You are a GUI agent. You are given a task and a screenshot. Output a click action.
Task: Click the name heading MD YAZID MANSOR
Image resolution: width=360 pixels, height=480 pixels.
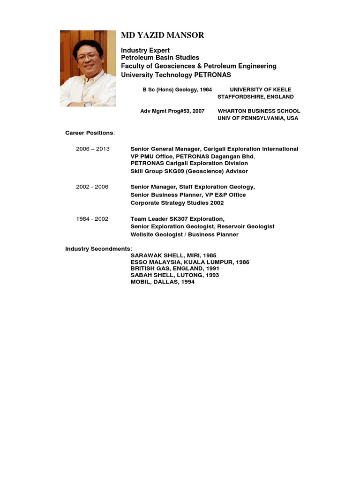coord(163,36)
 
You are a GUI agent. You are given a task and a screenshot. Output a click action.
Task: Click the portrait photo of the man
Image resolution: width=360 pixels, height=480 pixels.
coord(88,68)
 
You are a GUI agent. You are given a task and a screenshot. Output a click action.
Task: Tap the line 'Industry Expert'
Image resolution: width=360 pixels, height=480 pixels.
coord(145,50)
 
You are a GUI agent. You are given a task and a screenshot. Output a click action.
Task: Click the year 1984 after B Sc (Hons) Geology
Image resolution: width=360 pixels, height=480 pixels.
coord(206,90)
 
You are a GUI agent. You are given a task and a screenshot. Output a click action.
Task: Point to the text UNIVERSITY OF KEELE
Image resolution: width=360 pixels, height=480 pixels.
coord(260,90)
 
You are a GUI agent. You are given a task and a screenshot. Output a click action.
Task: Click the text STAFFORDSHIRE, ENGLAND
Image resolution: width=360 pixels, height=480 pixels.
coord(255,97)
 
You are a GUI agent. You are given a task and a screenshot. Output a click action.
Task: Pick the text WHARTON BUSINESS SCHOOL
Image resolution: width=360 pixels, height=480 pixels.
coord(259,111)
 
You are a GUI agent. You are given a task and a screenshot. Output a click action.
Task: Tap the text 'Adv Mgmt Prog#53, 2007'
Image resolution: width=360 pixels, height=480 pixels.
coord(172,111)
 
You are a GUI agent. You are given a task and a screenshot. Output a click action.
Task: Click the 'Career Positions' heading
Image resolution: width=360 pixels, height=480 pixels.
coord(90,133)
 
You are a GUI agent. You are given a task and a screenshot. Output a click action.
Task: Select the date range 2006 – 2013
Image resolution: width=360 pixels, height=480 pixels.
coord(93,149)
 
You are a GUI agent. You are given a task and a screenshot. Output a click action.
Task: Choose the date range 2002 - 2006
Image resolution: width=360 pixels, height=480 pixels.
coord(92,187)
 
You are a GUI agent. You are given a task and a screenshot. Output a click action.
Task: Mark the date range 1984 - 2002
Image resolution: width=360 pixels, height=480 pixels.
coord(92,219)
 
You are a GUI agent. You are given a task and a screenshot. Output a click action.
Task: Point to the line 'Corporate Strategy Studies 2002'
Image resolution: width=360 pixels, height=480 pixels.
coord(177,203)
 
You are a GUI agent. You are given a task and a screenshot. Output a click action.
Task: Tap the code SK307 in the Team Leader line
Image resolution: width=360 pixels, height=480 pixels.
coord(176,219)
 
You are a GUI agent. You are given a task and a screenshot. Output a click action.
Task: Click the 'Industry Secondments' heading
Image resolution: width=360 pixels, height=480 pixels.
coord(98,248)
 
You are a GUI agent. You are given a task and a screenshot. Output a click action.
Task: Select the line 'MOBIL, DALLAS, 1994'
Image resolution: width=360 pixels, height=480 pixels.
coord(162,282)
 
